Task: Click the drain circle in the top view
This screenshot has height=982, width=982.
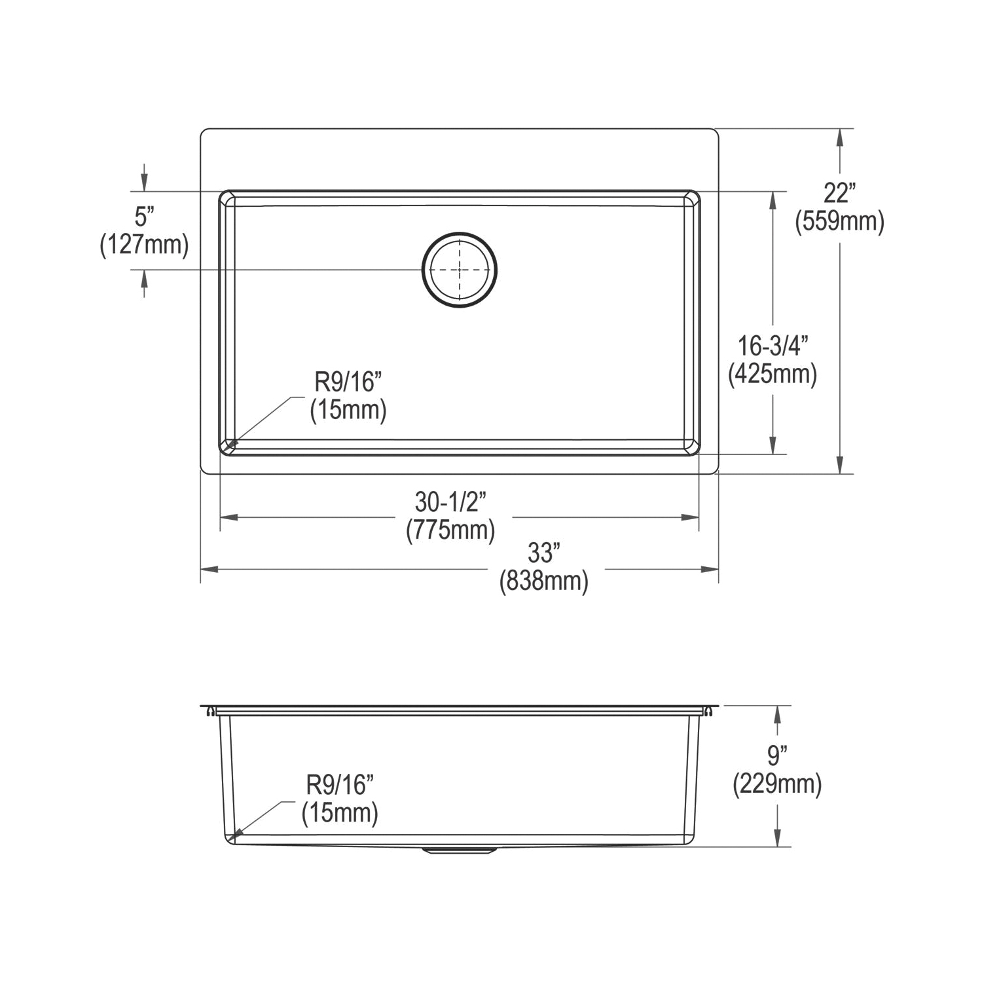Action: [460, 269]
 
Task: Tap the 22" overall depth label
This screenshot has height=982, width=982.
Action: [839, 193]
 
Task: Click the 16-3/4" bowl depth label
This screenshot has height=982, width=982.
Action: [773, 345]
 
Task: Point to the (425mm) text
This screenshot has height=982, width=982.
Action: [773, 374]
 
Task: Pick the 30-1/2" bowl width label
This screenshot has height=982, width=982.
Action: [450, 502]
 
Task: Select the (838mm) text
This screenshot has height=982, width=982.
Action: [543, 581]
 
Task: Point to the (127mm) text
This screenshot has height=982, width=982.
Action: [144, 245]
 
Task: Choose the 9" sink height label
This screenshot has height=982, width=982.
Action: [776, 755]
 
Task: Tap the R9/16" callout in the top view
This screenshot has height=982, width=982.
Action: [348, 382]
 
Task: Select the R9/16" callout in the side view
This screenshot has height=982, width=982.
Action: [340, 784]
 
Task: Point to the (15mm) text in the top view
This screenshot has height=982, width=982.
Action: [348, 410]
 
